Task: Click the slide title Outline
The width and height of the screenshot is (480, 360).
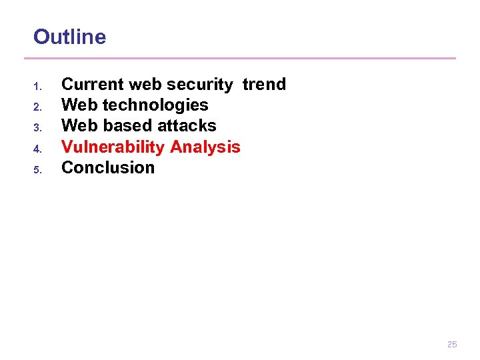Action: click(69, 37)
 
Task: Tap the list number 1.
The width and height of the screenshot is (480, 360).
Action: click(38, 86)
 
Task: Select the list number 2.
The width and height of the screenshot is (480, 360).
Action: click(38, 107)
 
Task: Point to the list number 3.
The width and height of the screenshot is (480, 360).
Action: click(38, 127)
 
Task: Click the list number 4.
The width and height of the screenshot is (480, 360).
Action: click(38, 148)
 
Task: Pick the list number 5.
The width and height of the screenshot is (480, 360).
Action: click(38, 169)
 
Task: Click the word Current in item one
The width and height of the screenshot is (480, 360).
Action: click(92, 84)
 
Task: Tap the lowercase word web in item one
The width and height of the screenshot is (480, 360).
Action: click(145, 84)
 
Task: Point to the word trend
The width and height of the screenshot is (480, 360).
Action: click(264, 84)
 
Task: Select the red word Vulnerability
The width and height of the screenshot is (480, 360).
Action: click(113, 147)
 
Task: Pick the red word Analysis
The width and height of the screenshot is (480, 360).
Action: click(205, 147)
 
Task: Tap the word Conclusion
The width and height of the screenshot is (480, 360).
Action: click(108, 167)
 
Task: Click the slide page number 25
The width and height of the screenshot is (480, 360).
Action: click(452, 345)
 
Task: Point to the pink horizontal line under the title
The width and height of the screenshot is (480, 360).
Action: click(244, 58)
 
